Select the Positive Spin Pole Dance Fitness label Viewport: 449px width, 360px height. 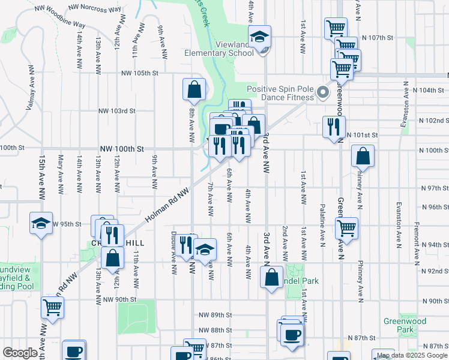pyautogui.click(x=282, y=93)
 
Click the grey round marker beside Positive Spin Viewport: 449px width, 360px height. pyautogui.click(x=323, y=93)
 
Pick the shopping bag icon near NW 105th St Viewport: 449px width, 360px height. pyautogui.click(x=194, y=90)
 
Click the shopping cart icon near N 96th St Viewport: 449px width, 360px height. pyautogui.click(x=347, y=227)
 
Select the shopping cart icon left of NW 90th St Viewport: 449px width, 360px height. pyautogui.click(x=52, y=308)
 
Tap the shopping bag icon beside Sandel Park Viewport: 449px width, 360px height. pyautogui.click(x=271, y=277)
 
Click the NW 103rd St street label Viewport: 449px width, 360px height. pyautogui.click(x=118, y=111)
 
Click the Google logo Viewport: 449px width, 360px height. pyautogui.click(x=20, y=353)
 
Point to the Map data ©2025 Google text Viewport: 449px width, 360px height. pyautogui.click(x=411, y=355)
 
